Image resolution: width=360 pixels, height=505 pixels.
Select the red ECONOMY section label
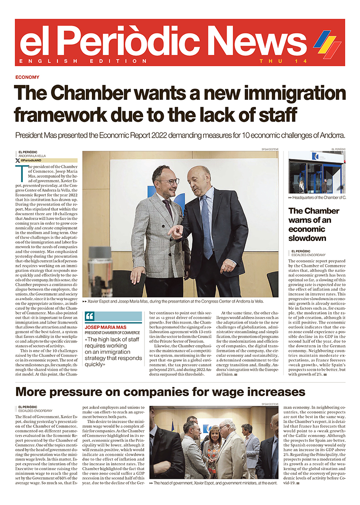pyautogui.click(x=27, y=77)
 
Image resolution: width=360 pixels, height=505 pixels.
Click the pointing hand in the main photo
pyautogui.click(x=175, y=232)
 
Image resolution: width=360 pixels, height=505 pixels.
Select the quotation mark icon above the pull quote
pyautogui.click(x=90, y=316)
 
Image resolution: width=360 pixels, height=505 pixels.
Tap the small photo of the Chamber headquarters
pyautogui.click(x=316, y=173)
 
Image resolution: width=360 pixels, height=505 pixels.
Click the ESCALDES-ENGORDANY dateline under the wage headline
pyautogui.click(x=36, y=411)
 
